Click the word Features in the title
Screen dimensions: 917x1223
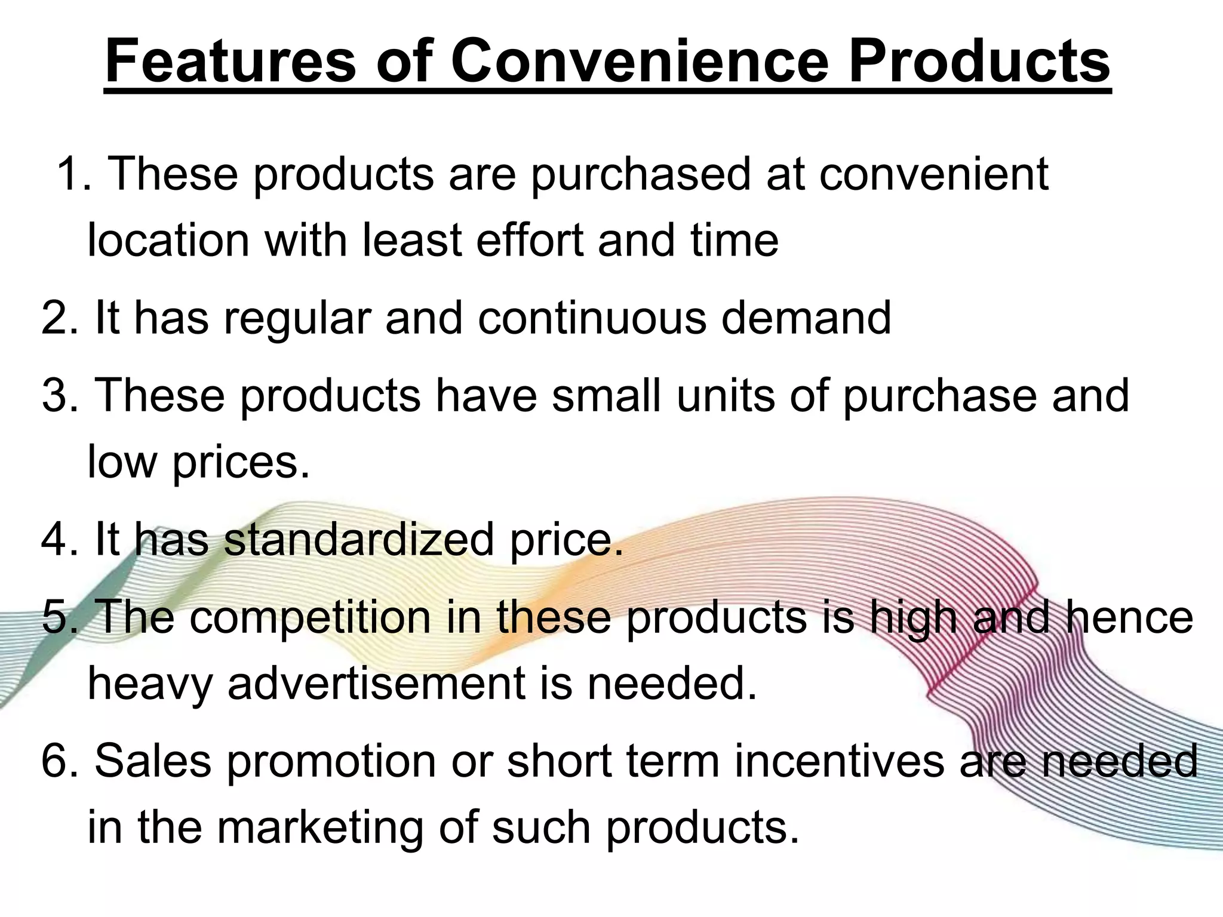(x=231, y=61)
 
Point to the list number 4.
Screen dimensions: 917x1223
(x=59, y=539)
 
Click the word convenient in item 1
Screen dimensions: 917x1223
(x=933, y=174)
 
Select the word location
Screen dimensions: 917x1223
(x=168, y=240)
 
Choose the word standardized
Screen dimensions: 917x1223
(x=359, y=539)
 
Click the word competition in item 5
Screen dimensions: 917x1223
(x=311, y=618)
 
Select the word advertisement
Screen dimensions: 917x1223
(x=376, y=683)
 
